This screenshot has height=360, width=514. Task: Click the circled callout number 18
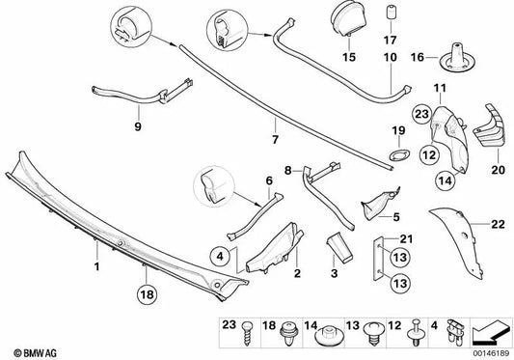[x=148, y=294]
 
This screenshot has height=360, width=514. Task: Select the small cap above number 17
[x=390, y=13]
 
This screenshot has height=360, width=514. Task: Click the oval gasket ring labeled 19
[x=399, y=154]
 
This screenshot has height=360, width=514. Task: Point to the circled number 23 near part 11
[x=421, y=114]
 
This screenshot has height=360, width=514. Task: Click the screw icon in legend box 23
[x=246, y=333]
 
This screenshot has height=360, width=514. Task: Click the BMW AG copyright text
[x=35, y=353]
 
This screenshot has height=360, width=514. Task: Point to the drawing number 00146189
[x=491, y=353]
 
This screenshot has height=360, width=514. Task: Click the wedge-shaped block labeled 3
[x=338, y=247]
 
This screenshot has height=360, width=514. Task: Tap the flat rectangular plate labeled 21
[x=378, y=259]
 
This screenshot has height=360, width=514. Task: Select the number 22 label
[x=498, y=224]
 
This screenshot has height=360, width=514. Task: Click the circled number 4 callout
[x=220, y=256]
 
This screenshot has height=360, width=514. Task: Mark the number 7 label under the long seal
[x=275, y=140]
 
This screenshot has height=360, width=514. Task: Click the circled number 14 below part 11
[x=446, y=180]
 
